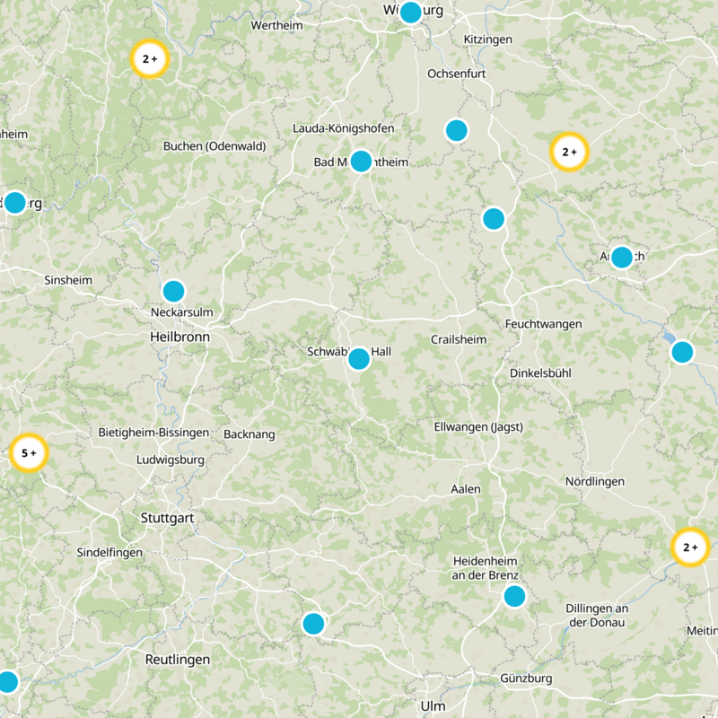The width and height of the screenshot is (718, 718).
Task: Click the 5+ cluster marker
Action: click(x=28, y=453)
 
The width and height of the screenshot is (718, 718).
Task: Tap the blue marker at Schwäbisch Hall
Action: click(x=359, y=359)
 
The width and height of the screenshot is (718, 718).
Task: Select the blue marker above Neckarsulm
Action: click(x=173, y=291)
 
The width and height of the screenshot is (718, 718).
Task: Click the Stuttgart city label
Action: click(x=167, y=518)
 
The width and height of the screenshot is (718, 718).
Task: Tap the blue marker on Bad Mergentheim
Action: click(x=361, y=161)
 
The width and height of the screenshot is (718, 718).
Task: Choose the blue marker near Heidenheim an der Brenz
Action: click(x=514, y=596)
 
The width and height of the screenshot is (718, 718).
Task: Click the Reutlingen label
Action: click(x=178, y=660)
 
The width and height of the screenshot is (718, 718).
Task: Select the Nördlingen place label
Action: click(x=594, y=482)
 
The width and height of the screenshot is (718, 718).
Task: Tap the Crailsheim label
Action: click(x=458, y=340)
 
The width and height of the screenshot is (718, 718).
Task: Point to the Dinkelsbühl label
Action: click(x=540, y=372)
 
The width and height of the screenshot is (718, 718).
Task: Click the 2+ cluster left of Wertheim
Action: click(x=150, y=59)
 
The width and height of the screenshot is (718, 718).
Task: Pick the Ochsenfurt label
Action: click(x=458, y=73)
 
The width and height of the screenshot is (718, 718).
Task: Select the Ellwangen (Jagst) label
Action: click(x=477, y=426)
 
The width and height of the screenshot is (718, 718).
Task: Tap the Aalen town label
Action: click(x=466, y=489)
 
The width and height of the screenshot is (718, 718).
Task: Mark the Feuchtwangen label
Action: click(x=543, y=323)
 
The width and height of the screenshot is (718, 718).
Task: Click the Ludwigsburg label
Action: click(x=170, y=460)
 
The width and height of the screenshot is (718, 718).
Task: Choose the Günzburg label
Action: click(x=526, y=679)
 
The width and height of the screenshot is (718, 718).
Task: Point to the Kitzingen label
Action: click(x=487, y=39)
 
